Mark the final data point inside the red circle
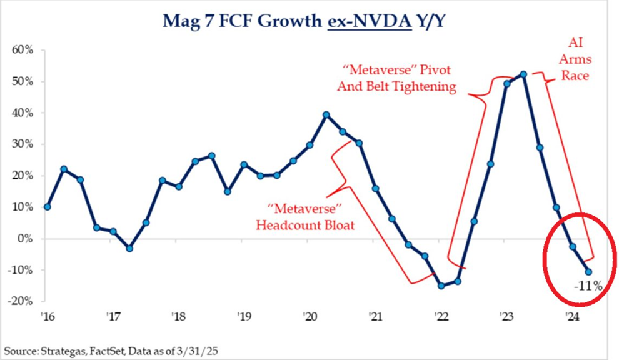coord(588,271)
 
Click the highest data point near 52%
coord(523,74)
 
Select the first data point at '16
coord(48,207)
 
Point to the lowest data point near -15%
coord(441,286)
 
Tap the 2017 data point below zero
coord(129,248)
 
